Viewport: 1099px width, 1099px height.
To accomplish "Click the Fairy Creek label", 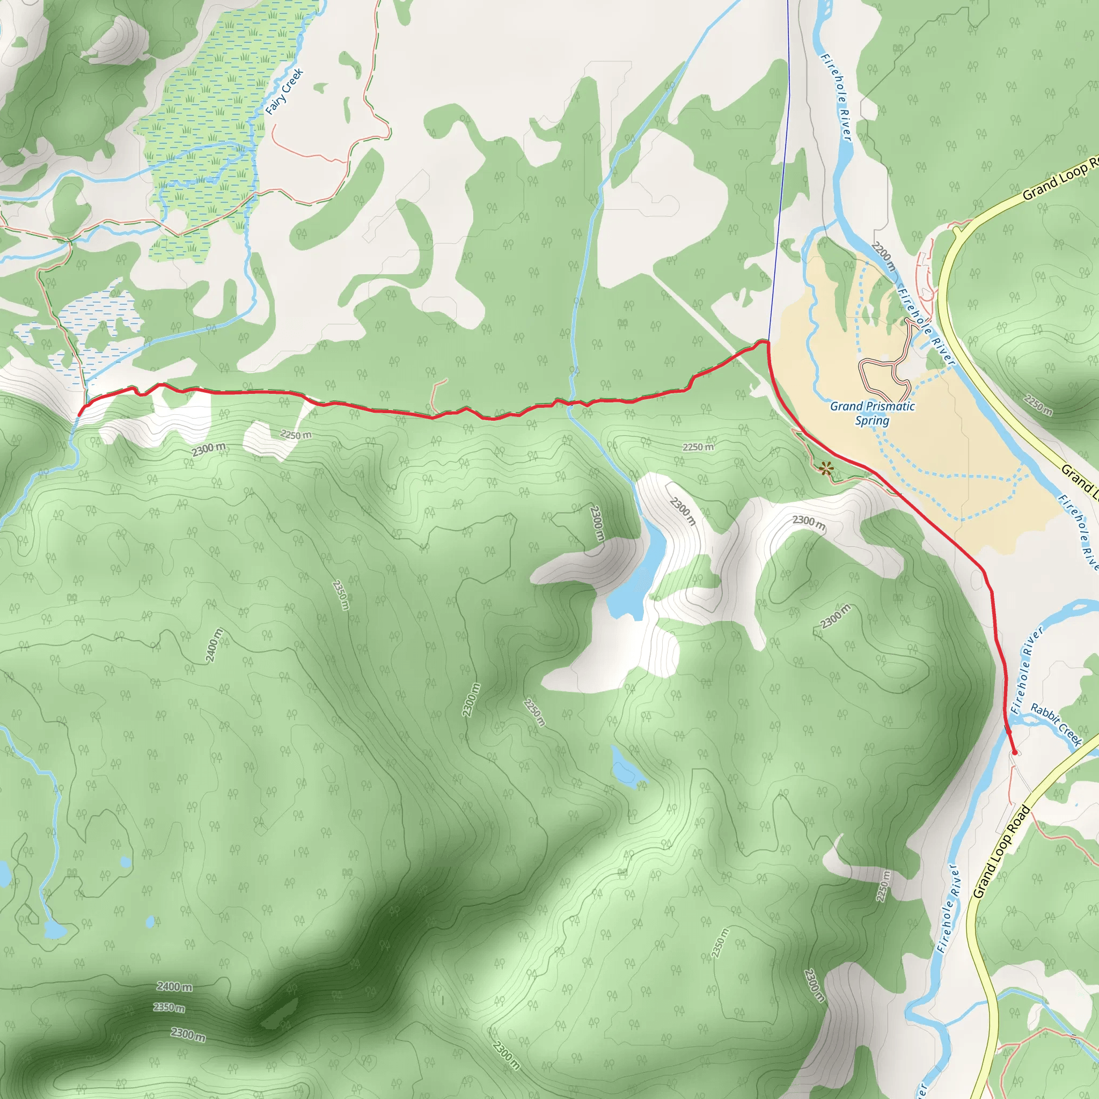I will [x=284, y=92].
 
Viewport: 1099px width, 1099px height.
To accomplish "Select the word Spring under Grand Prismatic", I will [x=872, y=420].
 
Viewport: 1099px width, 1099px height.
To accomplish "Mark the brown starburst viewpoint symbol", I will [x=826, y=468].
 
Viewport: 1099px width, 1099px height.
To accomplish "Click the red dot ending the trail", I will [x=1014, y=752].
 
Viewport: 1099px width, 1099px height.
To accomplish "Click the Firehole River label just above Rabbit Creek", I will [x=1027, y=670].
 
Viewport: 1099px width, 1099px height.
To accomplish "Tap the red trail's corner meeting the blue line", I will [x=768, y=342].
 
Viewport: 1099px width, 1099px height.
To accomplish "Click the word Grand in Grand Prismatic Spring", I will [x=846, y=406].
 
